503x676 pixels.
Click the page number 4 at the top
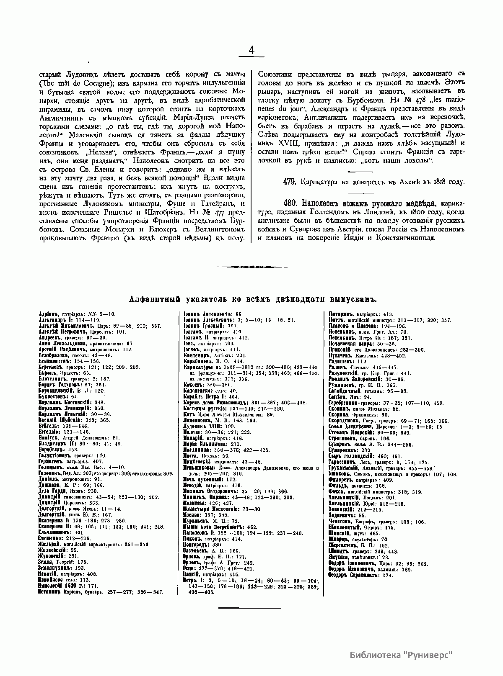point(251,50)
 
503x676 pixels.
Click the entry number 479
point(290,182)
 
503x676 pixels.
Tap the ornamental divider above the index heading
point(251,266)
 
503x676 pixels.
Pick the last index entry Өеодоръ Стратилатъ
point(353,576)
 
